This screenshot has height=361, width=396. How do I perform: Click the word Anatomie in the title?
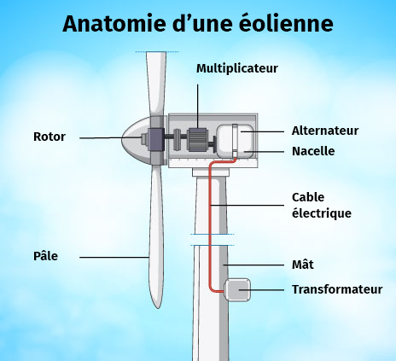pos(114,23)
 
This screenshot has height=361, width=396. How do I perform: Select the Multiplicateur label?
pos(237,68)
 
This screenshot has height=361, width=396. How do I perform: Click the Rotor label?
pos(49,137)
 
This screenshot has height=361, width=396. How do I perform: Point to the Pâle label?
pos(45,256)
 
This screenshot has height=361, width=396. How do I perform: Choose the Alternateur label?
pos(325,131)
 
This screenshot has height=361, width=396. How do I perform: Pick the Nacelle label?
pos(313,151)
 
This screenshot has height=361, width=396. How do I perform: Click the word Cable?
pos(308,197)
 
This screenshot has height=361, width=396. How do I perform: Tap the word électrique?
pos(322,213)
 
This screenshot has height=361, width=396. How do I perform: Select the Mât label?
pos(303,265)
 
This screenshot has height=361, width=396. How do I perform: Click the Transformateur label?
pos(337,289)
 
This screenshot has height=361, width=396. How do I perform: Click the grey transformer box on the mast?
pos(237,290)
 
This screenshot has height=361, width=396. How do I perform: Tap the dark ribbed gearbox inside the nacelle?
pos(197,140)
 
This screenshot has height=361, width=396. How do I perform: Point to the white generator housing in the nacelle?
pos(235,141)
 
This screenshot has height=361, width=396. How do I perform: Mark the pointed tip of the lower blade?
pos(157,308)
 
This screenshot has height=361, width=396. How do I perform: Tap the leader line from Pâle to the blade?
pos(114,258)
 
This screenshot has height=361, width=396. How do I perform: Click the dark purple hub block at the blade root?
pos(155,139)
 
